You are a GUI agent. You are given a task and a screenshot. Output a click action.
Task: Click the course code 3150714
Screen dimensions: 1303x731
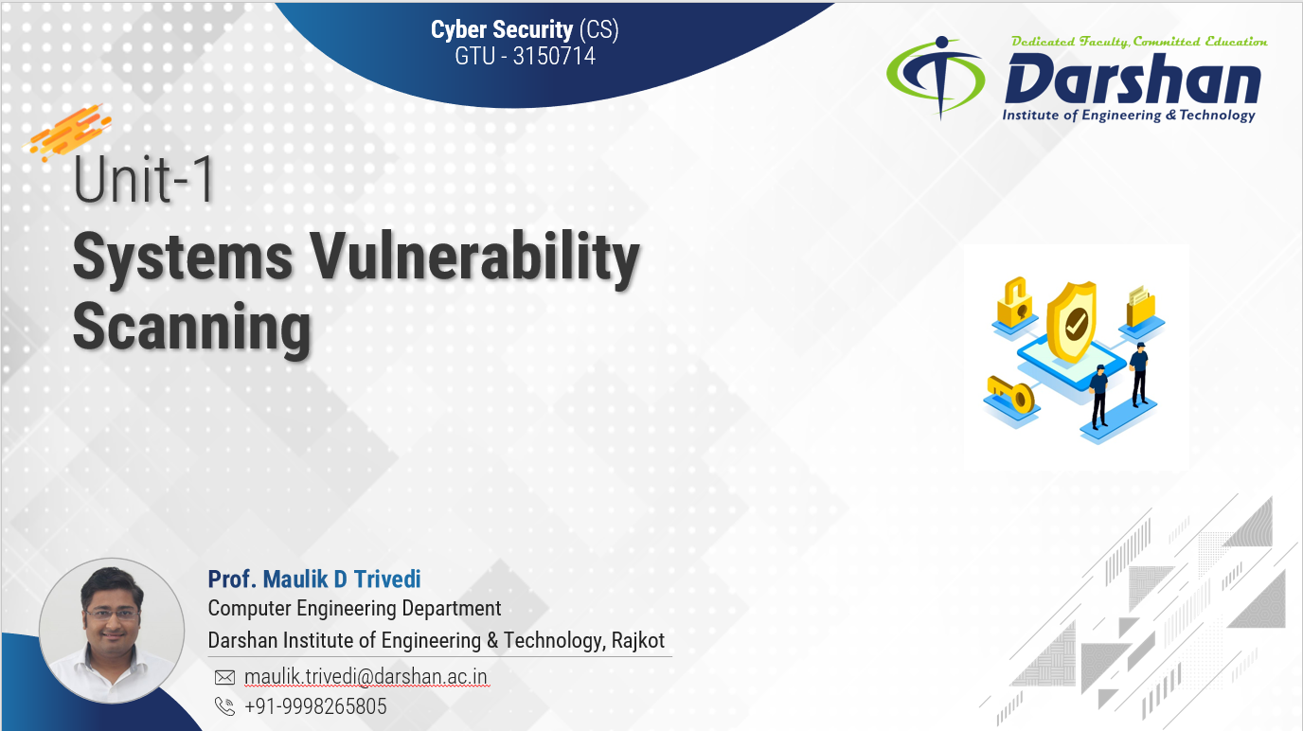pos(554,57)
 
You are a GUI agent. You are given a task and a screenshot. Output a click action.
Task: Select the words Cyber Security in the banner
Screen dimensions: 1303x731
pos(502,29)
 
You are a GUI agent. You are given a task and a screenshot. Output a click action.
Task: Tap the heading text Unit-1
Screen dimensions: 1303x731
pos(144,179)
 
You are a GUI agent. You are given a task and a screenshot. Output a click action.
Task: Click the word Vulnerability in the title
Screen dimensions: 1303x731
pos(474,258)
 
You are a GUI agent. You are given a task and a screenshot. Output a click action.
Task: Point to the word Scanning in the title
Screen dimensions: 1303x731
pos(192,329)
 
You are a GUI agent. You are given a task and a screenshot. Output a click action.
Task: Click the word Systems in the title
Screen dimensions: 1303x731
pos(183,258)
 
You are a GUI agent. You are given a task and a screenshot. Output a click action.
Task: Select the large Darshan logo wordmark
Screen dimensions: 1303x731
pos(1133,79)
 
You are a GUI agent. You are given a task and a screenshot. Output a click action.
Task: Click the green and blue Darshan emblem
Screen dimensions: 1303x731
pos(936,77)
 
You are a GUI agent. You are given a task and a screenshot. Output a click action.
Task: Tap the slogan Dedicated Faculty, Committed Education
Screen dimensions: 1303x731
pos(1139,42)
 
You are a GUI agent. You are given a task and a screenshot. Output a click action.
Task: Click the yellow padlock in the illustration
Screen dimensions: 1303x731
pos(1015,302)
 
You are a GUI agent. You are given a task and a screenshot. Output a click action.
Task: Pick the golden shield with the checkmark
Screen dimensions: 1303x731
pos(1072,322)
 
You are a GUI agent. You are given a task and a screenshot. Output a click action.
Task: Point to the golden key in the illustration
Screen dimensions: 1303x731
pos(1011,394)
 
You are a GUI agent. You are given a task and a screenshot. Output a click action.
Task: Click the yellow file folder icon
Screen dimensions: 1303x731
pos(1141,306)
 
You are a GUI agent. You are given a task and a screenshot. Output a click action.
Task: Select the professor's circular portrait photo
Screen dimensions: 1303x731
pos(112,631)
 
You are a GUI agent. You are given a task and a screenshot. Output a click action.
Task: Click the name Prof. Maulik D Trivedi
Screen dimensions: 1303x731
pos(314,579)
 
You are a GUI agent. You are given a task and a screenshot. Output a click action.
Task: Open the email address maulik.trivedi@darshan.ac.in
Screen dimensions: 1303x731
pos(366,677)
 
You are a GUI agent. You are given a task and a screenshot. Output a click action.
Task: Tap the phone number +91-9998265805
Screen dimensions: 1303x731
pos(315,706)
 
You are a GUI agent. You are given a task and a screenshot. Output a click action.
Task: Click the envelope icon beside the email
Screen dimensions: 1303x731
pos(225,677)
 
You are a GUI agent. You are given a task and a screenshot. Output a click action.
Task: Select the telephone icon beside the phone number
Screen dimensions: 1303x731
pos(225,706)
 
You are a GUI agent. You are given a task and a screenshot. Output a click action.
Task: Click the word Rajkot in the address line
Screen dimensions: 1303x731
pos(638,640)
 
